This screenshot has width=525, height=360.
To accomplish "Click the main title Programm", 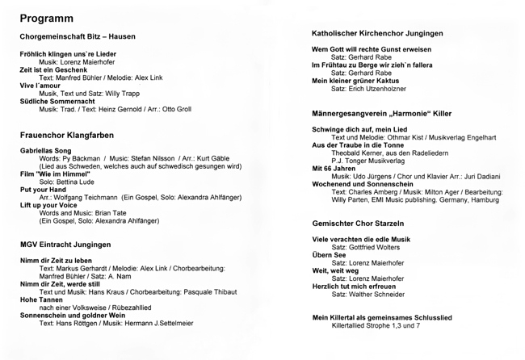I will click(47, 18).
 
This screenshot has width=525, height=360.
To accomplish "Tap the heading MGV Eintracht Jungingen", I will click(65, 245).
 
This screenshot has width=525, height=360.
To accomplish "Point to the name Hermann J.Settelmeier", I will click(159, 324).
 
